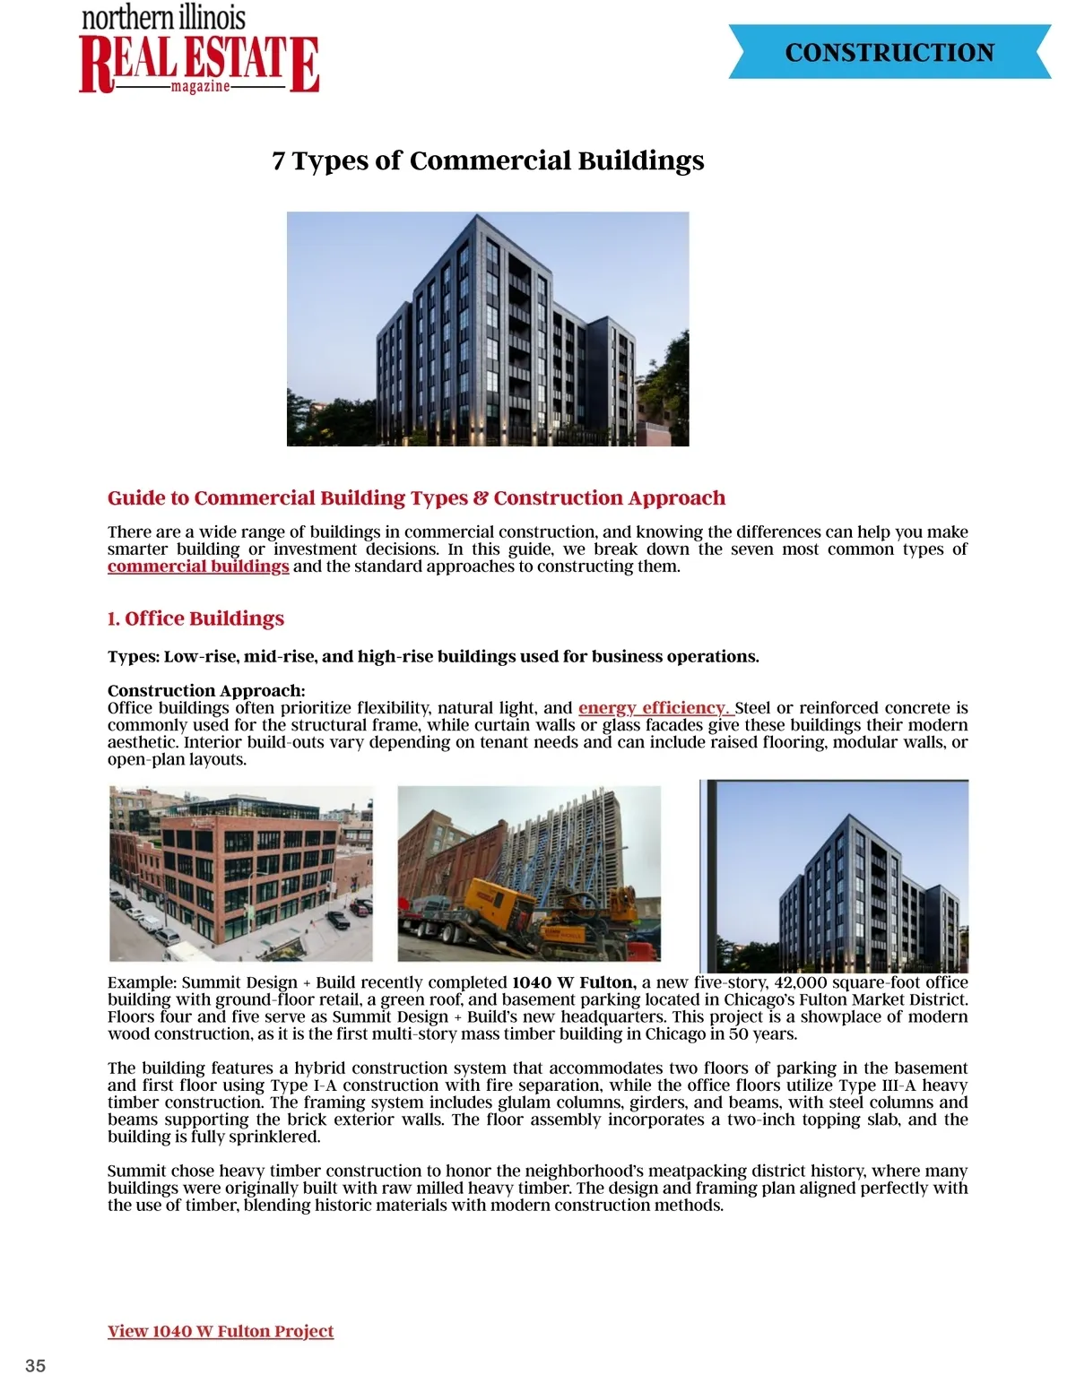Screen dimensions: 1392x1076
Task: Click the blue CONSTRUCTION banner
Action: [889, 52]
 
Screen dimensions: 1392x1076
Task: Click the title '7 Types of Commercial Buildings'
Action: [488, 160]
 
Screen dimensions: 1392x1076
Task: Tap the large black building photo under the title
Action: [488, 329]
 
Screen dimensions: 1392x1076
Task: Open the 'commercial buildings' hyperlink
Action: [198, 566]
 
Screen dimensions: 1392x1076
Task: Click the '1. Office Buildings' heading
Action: [195, 618]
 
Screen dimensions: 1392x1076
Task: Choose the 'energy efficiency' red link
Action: [653, 708]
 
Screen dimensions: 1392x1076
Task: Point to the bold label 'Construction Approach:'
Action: [206, 690]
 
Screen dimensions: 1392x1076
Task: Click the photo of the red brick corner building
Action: [240, 873]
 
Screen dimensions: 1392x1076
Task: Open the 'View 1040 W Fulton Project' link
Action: [221, 1331]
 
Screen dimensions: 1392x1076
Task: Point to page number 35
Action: [36, 1366]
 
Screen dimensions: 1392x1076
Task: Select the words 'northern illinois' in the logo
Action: [163, 18]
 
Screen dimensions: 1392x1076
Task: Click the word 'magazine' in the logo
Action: [200, 87]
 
